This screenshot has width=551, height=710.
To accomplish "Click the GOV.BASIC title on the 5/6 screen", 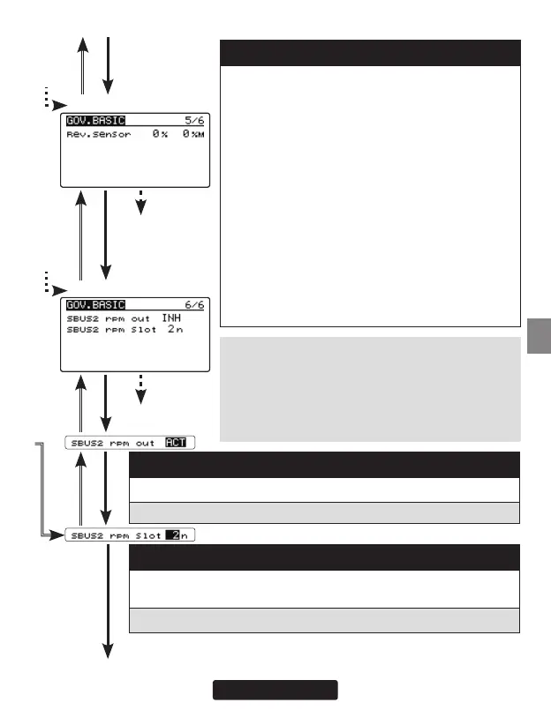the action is coord(95,120).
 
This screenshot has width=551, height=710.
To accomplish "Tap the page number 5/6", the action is coord(192,120).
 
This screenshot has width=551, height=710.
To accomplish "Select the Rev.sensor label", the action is coord(99,135).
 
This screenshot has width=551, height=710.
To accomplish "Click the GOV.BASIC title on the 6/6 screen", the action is coord(95,304).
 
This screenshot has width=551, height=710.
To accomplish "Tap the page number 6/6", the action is coord(192,304).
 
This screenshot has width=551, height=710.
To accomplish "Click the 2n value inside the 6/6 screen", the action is coord(175,330).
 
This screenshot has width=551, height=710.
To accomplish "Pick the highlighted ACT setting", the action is coord(176,442).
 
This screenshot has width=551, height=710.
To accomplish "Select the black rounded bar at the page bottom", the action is coord(275,689).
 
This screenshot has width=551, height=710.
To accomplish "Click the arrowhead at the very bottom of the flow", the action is coord(108,652).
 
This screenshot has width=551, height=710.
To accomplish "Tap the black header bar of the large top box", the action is coord(369,52).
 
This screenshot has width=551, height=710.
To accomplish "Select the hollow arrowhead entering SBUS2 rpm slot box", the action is coord(59,534).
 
